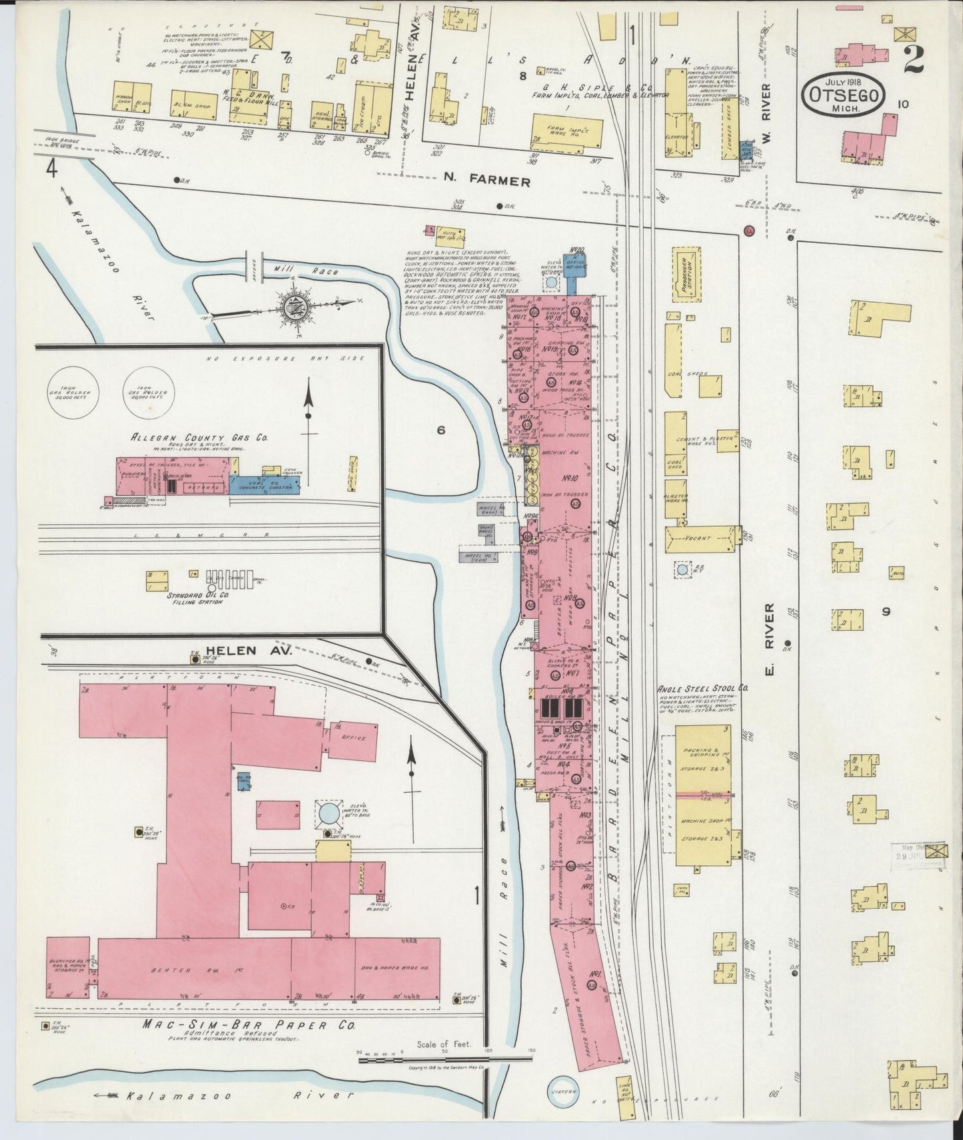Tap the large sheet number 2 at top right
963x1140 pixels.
tap(912, 60)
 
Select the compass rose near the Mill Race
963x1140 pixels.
tap(293, 307)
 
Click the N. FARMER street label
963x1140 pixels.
tap(488, 181)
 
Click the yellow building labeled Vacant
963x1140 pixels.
tap(702, 537)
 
